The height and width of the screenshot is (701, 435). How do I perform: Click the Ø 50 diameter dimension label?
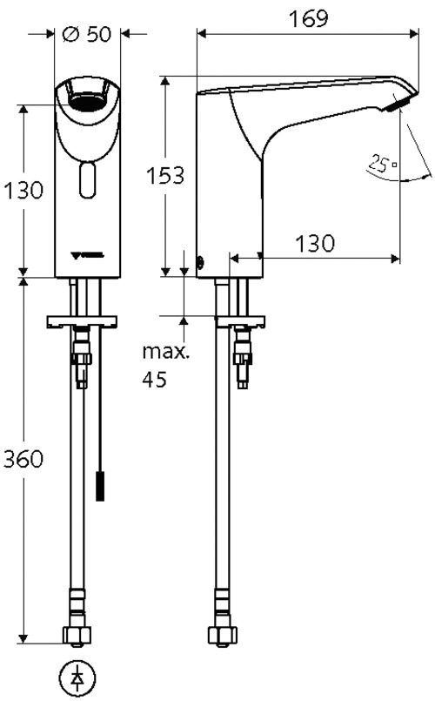[x=87, y=34]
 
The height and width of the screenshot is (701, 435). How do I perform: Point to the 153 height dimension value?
[x=165, y=175]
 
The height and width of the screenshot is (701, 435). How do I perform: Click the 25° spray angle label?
[x=381, y=162]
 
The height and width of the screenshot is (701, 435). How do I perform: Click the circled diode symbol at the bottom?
[x=79, y=677]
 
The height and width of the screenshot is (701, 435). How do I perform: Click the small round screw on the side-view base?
[x=202, y=260]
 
